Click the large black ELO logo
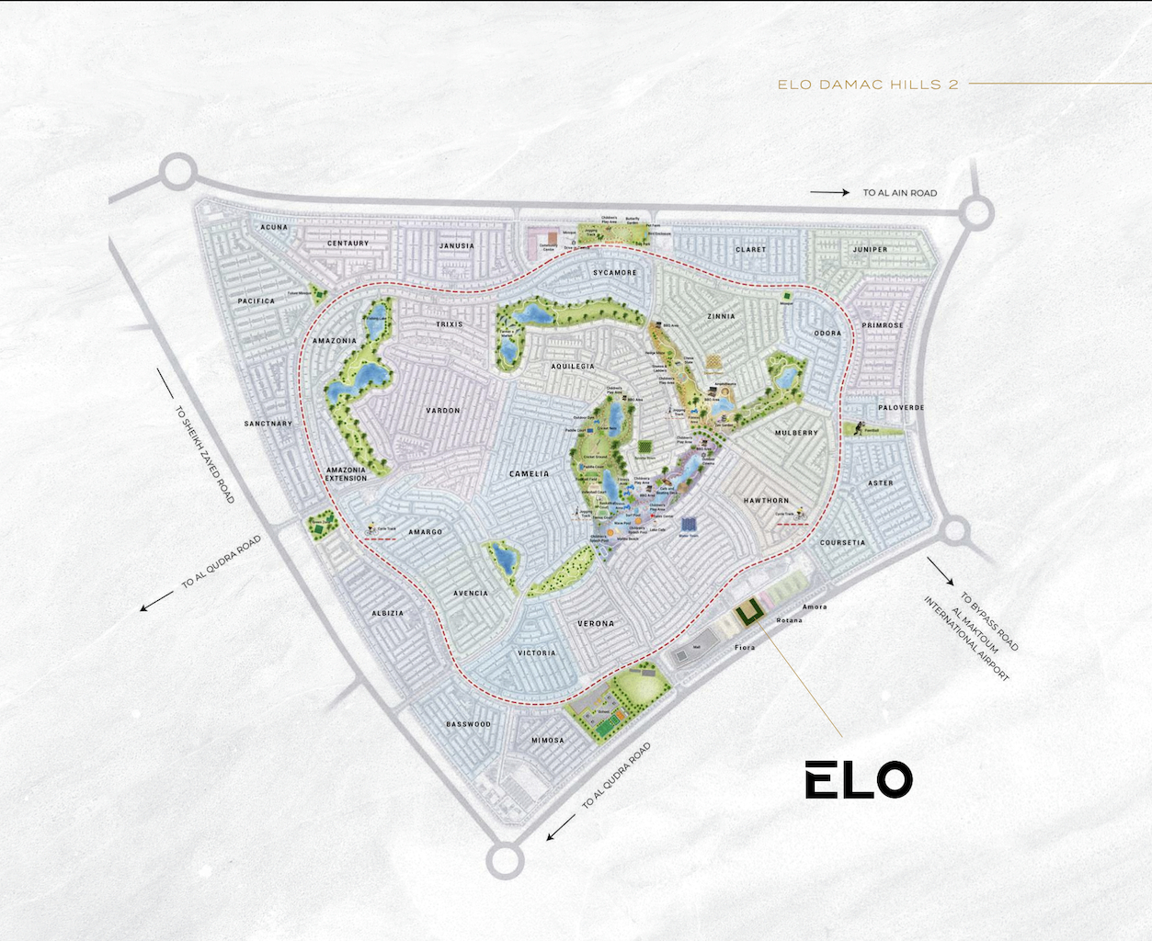[x=859, y=780]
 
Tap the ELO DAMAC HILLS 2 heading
[x=868, y=85]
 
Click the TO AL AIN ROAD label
[x=899, y=193]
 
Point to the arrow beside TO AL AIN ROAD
[x=829, y=193]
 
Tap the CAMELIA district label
[x=529, y=474]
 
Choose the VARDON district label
[x=443, y=411]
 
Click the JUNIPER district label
[x=870, y=250]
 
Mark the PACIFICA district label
[x=257, y=301]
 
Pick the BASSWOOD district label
[x=468, y=724]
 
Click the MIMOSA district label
[x=548, y=741]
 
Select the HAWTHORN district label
[x=766, y=501]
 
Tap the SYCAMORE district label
[x=614, y=273]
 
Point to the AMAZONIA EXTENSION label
[x=346, y=474]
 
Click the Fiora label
[x=745, y=648]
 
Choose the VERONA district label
[x=596, y=624]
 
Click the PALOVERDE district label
[x=901, y=408]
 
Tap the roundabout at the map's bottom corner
[x=504, y=860]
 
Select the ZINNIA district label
[x=721, y=316]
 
